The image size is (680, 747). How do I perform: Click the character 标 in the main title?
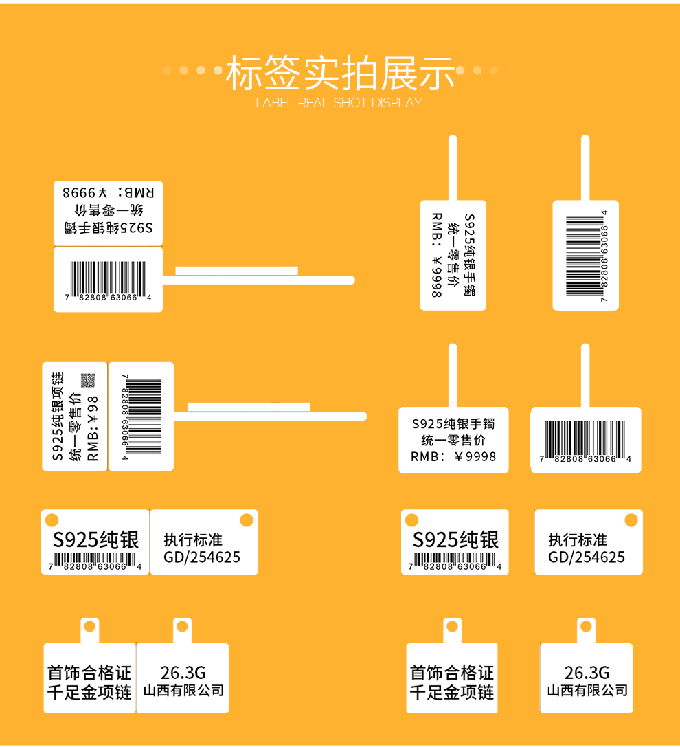click(245, 73)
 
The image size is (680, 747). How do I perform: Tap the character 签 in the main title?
click(283, 73)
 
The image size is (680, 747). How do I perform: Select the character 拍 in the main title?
click(359, 73)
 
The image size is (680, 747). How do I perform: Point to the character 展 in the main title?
click(398, 73)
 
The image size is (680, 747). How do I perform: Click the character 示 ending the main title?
click(435, 73)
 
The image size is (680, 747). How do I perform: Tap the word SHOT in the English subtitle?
click(351, 103)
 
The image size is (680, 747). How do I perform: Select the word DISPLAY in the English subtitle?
click(396, 103)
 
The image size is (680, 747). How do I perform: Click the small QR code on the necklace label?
click(87, 380)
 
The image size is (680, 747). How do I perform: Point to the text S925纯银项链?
click(58, 416)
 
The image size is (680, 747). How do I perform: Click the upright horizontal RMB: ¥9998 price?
click(453, 456)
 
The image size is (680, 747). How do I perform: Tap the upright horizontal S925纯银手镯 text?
click(453, 423)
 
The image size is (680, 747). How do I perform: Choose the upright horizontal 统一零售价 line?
click(453, 440)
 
